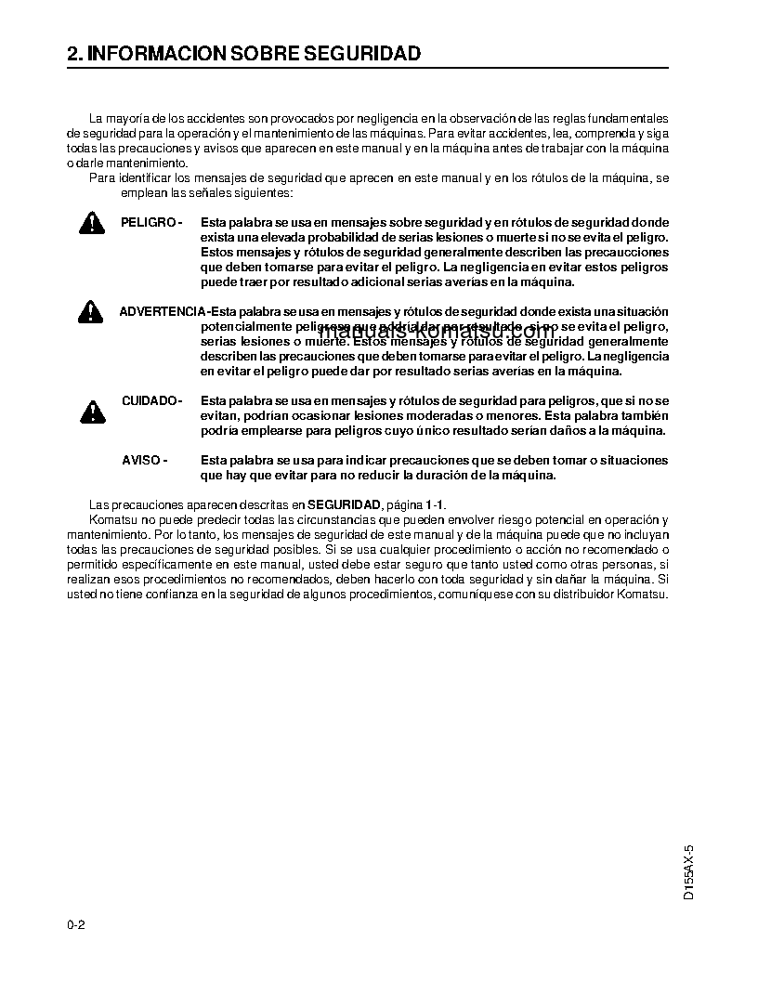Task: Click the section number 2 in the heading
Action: (72, 54)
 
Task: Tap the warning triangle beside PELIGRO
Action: (91, 223)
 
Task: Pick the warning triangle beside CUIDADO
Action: (91, 410)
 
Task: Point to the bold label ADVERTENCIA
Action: (162, 311)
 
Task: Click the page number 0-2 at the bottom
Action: (76, 925)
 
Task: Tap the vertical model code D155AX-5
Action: (688, 870)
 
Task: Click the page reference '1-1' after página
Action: (434, 504)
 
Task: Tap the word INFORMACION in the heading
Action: (151, 54)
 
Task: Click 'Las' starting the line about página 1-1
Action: (98, 504)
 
